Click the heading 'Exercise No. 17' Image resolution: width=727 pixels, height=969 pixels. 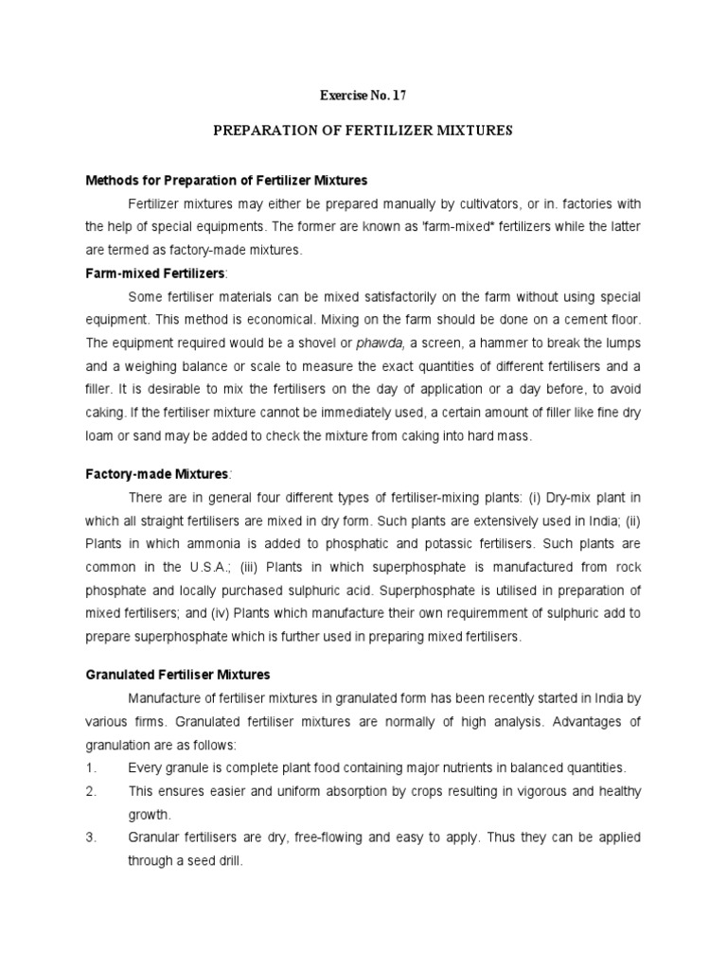coord(363,96)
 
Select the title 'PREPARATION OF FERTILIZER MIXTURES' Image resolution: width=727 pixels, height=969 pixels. coord(363,131)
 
